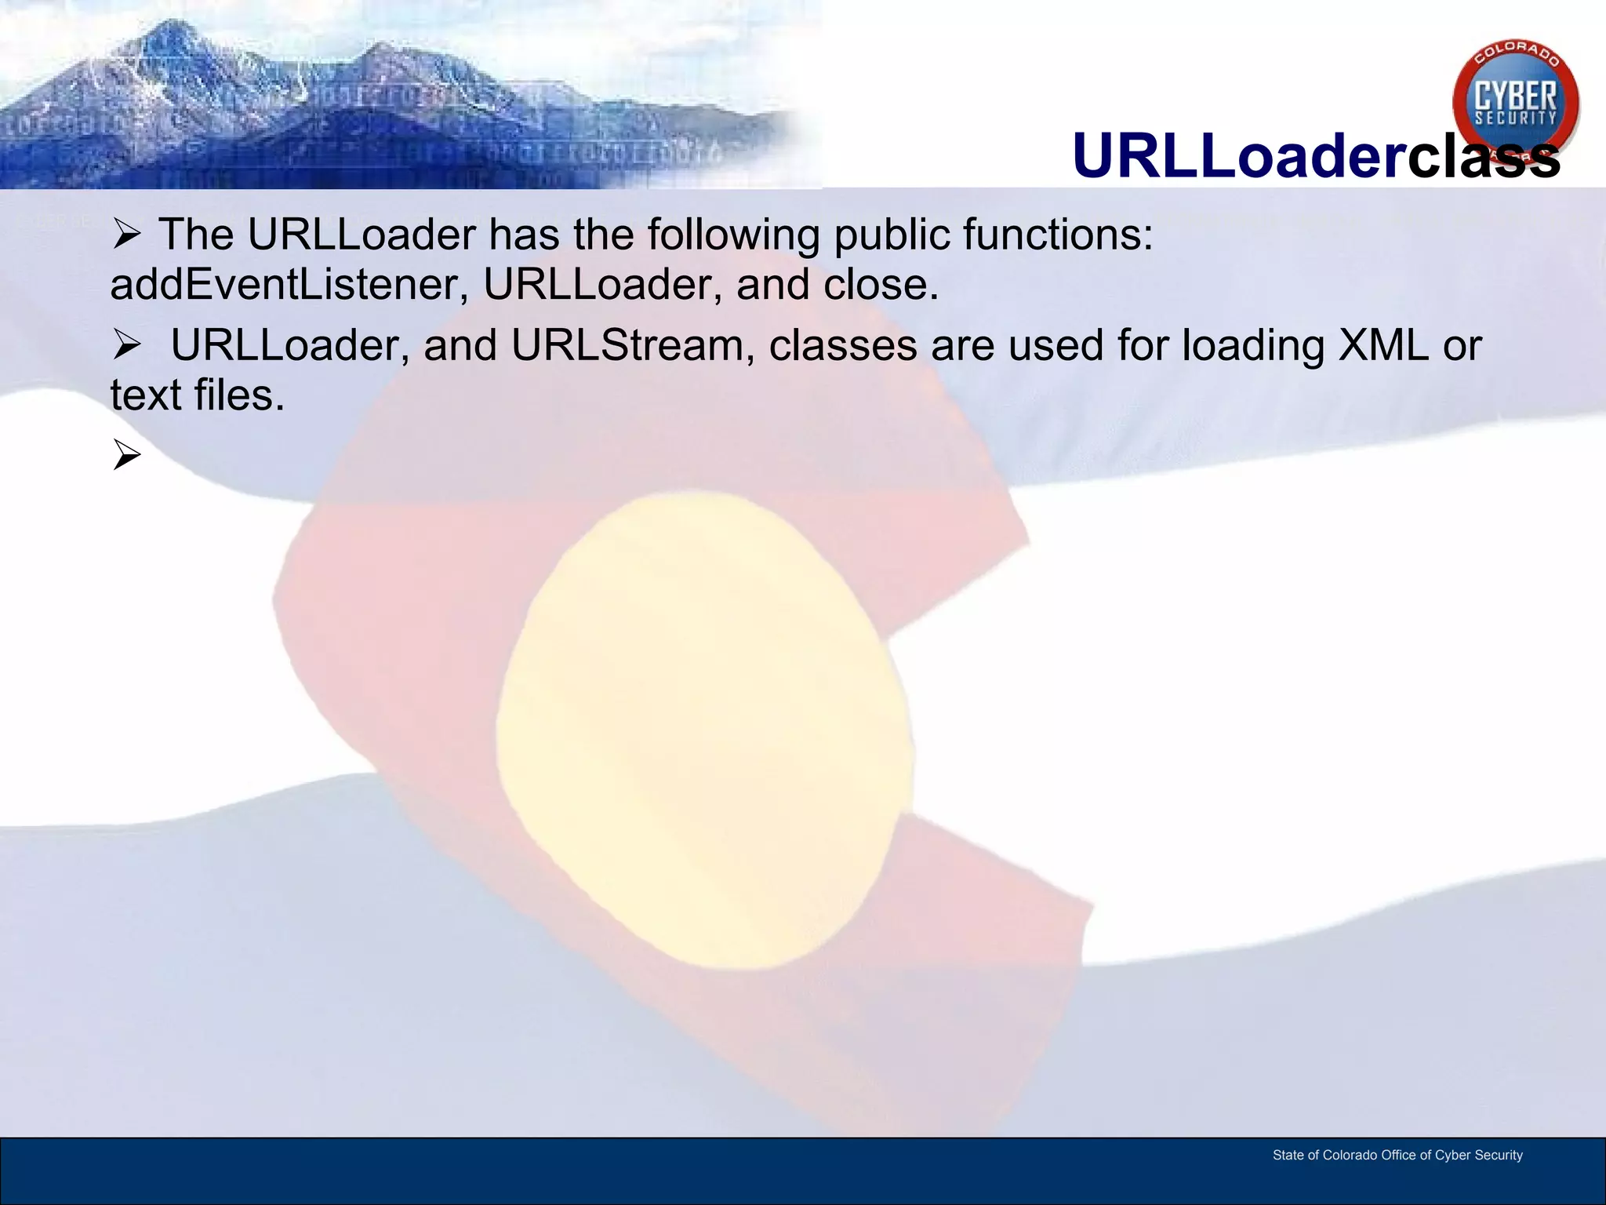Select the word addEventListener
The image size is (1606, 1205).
point(284,284)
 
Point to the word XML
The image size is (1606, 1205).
point(1383,345)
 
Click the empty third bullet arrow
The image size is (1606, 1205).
point(126,455)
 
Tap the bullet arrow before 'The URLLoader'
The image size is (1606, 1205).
point(126,235)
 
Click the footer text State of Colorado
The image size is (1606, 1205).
point(1397,1155)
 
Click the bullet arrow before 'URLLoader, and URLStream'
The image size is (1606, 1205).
point(126,345)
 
